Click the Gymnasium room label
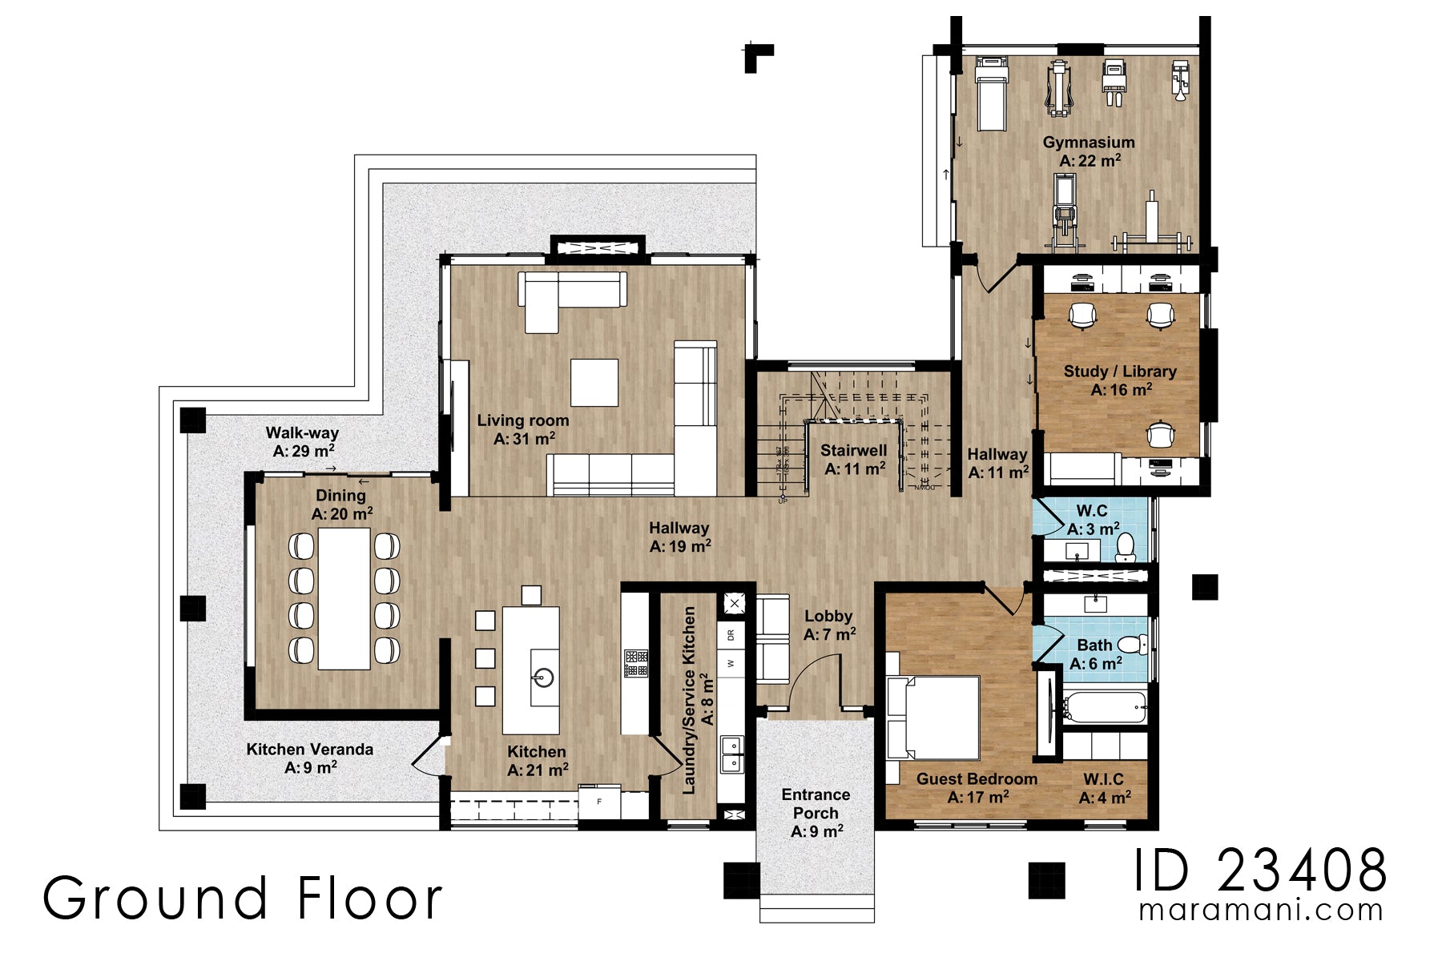(1088, 151)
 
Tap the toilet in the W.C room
(1126, 546)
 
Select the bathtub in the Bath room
(1105, 706)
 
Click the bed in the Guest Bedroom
(933, 718)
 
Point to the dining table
(344, 598)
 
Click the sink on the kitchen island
(544, 678)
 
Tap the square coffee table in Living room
(594, 383)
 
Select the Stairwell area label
(854, 459)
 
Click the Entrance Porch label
(816, 812)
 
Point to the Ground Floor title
(243, 898)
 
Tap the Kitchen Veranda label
(309, 758)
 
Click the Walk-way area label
(302, 442)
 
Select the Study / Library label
(1120, 380)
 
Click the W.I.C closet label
(1104, 788)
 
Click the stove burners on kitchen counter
(636, 663)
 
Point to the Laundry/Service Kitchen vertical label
(697, 701)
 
